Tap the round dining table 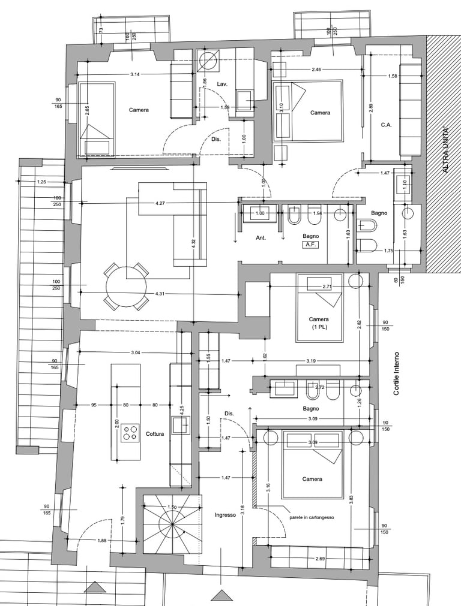point(127,287)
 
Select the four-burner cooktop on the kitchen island point(130,432)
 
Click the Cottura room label point(155,433)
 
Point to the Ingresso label point(225,515)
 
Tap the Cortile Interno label point(396,373)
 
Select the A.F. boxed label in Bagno point(310,244)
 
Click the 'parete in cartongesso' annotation point(312,517)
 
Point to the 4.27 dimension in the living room point(160,203)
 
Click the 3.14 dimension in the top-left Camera point(134,74)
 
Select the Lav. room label point(221,84)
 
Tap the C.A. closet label point(387,125)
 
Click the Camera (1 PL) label point(319,323)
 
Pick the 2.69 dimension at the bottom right point(320,558)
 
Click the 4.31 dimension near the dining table point(160,294)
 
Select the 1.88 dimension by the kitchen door point(102,541)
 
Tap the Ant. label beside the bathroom point(261,238)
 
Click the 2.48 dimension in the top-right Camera point(316,70)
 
